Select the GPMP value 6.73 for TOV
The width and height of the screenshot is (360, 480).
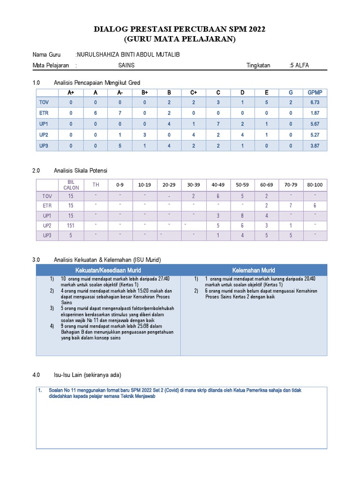[x=315, y=102]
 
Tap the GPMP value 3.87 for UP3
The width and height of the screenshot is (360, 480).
[x=315, y=146]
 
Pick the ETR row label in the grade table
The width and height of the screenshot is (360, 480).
[x=44, y=113]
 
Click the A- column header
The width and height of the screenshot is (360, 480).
[x=120, y=92]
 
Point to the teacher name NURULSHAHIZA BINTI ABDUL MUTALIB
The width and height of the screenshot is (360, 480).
[x=127, y=55]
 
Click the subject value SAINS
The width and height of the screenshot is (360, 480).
[x=126, y=66]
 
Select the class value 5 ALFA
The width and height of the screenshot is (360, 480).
[x=300, y=66]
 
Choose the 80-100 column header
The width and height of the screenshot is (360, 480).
[x=315, y=185]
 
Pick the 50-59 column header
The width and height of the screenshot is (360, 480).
[x=242, y=185]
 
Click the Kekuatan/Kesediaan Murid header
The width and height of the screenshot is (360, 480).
[x=108, y=270]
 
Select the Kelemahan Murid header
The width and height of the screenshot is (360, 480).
[x=254, y=270]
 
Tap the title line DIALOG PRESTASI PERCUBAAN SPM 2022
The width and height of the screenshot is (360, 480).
[x=180, y=30]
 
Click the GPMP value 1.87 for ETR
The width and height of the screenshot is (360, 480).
[x=315, y=113]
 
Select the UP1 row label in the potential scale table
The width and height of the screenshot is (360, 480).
[x=47, y=216]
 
